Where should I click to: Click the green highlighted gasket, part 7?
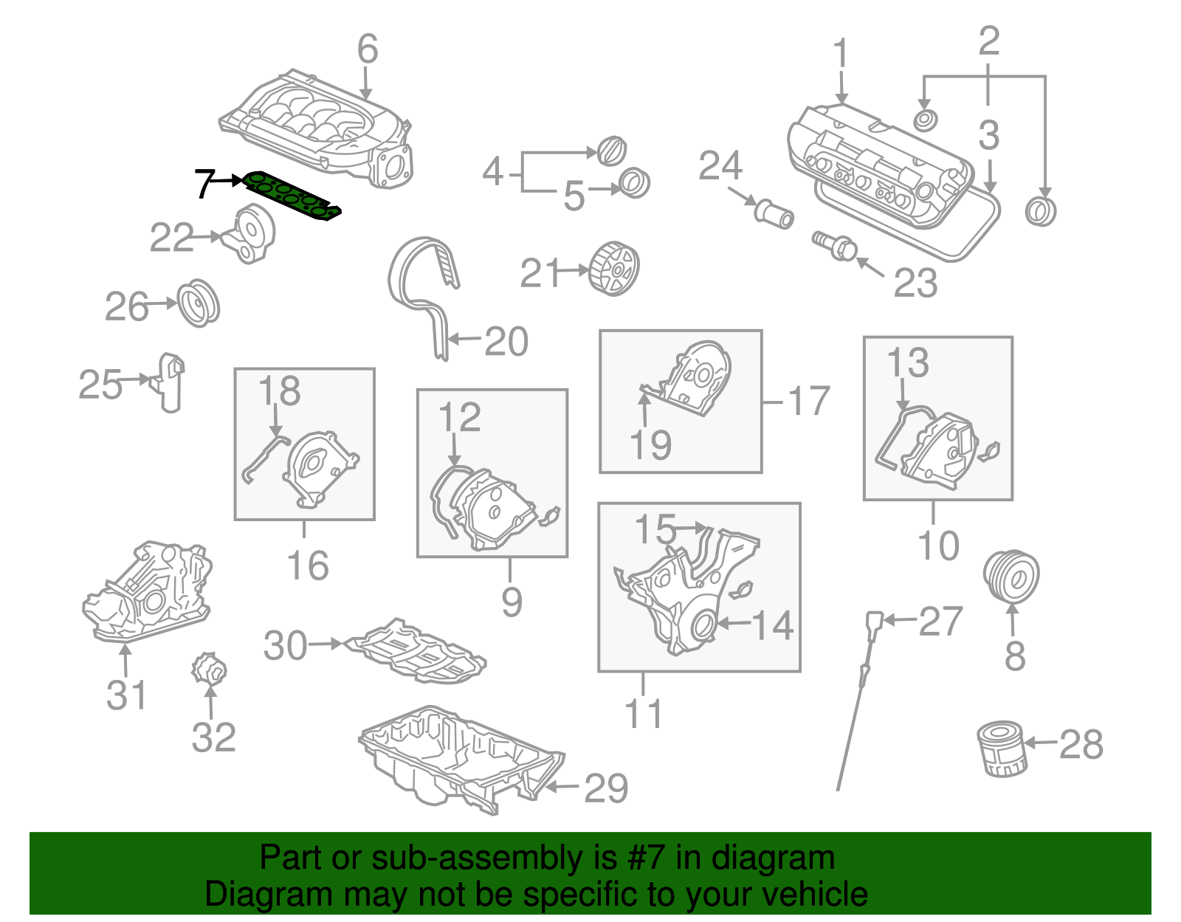point(292,195)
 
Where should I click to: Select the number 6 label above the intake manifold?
point(368,49)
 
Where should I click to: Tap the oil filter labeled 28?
point(1002,750)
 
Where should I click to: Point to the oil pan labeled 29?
point(458,760)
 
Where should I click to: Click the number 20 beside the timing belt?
point(506,341)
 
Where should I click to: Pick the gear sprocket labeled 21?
point(614,269)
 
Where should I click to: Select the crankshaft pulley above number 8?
point(1012,577)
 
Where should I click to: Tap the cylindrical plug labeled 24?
point(774,213)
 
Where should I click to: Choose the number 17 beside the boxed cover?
point(809,402)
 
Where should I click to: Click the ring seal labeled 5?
point(634,183)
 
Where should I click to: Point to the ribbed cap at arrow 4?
point(611,151)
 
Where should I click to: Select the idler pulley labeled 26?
point(199,303)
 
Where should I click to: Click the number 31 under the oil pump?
point(127,695)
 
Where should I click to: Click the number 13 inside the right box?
point(907,362)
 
